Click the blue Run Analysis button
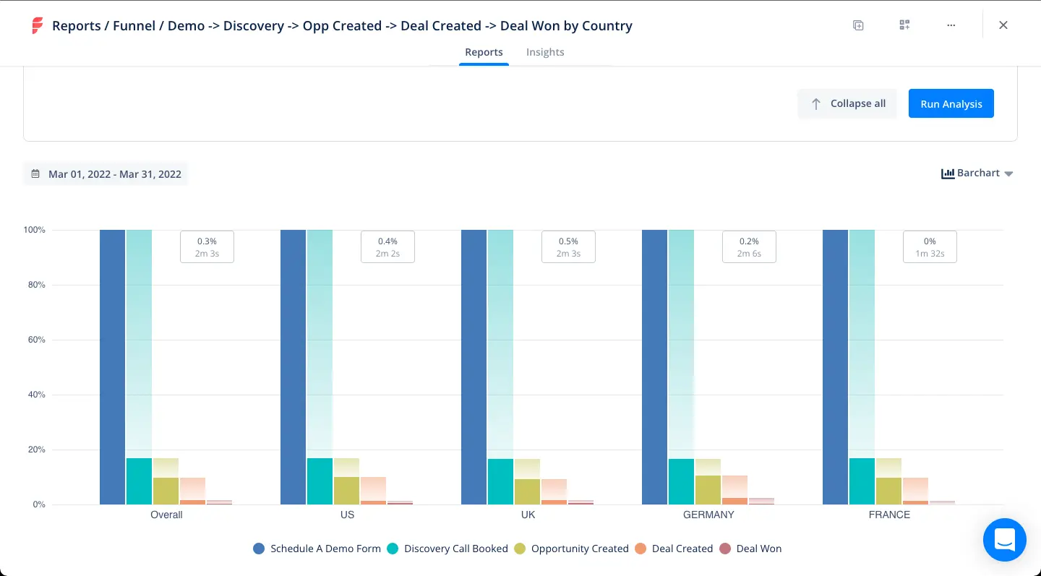point(951,103)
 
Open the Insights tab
point(544,52)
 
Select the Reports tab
point(484,52)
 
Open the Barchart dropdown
point(977,173)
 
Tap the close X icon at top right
point(1003,25)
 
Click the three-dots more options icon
point(951,25)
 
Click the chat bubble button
point(1004,539)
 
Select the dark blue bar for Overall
point(112,367)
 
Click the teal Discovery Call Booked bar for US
point(320,481)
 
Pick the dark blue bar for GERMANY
point(654,367)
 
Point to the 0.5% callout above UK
point(568,246)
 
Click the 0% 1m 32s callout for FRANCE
point(930,246)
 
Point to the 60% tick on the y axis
point(35,340)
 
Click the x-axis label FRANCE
point(889,515)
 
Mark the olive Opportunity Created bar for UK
point(527,491)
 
